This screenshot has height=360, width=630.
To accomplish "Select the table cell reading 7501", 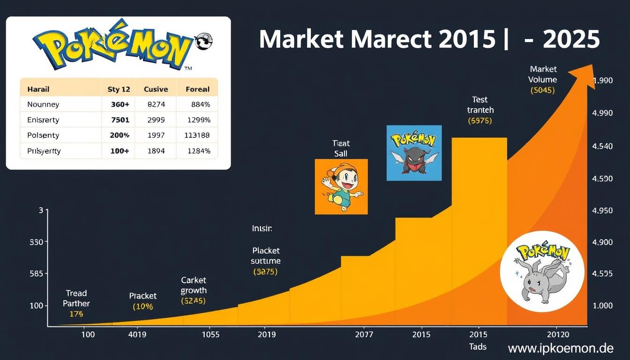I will pyautogui.click(x=120, y=120).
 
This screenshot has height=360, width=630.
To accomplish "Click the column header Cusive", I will pyautogui.click(x=156, y=89).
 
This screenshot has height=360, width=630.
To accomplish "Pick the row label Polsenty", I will pyautogui.click(x=43, y=135).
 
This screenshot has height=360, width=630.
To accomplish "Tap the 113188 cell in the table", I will pyautogui.click(x=197, y=135).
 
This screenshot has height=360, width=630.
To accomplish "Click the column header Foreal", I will pyautogui.click(x=197, y=89).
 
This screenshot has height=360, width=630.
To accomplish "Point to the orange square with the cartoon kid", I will pyautogui.click(x=341, y=187).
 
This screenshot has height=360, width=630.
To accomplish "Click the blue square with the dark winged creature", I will pyautogui.click(x=414, y=153).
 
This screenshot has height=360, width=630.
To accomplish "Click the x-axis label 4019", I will pyautogui.click(x=137, y=335).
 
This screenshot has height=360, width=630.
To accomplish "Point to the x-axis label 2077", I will pyautogui.click(x=364, y=335).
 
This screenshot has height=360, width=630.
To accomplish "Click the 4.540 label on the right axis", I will pyautogui.click(x=603, y=146).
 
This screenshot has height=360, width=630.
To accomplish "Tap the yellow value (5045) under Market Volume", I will pyautogui.click(x=542, y=90).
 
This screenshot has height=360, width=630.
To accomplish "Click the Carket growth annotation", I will pyautogui.click(x=194, y=285).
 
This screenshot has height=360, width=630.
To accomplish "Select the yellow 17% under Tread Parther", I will pyautogui.click(x=76, y=314).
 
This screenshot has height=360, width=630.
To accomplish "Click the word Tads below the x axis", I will pyautogui.click(x=478, y=347).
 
